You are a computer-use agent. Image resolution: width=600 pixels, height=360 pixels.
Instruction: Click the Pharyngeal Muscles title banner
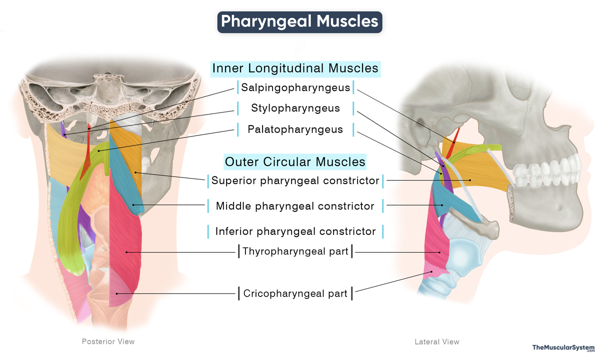pyautogui.click(x=299, y=21)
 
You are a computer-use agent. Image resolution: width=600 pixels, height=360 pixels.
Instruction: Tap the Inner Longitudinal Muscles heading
pyautogui.click(x=295, y=68)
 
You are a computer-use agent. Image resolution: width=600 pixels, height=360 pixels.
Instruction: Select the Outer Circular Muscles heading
pyautogui.click(x=295, y=162)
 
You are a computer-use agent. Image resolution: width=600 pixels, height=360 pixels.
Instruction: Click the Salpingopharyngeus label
pyautogui.click(x=295, y=88)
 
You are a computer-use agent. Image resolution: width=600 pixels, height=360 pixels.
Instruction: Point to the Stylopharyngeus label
pyautogui.click(x=295, y=108)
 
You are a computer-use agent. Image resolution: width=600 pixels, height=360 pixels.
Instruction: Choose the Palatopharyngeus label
pyautogui.click(x=295, y=129)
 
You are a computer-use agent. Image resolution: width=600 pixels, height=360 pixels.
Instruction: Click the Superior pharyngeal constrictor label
pyautogui.click(x=295, y=180)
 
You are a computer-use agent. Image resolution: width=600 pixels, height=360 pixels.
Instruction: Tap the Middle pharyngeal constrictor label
pyautogui.click(x=295, y=205)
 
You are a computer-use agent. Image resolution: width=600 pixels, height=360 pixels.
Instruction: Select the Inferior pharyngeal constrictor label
pyautogui.click(x=295, y=231)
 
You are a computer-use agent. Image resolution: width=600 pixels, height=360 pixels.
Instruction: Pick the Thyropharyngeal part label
pyautogui.click(x=295, y=251)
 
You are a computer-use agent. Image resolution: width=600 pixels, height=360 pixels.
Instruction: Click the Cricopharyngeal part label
pyautogui.click(x=295, y=293)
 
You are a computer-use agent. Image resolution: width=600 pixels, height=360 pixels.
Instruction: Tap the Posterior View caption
pyautogui.click(x=108, y=341)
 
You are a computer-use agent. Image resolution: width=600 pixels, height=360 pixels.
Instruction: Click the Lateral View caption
pyautogui.click(x=436, y=342)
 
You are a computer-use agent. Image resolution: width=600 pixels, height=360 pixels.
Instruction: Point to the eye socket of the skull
pyautogui.click(x=505, y=100)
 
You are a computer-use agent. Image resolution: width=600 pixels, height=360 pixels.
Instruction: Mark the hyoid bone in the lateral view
pyautogui.click(x=482, y=227)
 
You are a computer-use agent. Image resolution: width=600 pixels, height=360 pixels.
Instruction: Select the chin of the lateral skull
pyautogui.click(x=560, y=210)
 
